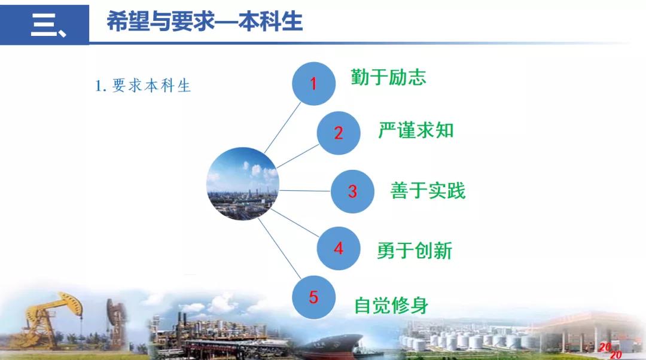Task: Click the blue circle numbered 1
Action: pos(313,84)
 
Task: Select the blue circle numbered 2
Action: pos(338,133)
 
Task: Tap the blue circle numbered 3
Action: pos(352,191)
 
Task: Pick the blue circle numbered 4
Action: pos(338,248)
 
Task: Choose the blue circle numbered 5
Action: pos(313,297)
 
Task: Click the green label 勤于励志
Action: pos(388,77)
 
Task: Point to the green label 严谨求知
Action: pos(416,130)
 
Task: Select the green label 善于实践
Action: pos(428,191)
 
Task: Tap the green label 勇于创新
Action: pos(415,251)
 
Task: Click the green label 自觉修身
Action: pos(391,305)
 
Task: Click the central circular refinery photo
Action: pos(243,184)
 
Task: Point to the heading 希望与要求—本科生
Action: pos(205,22)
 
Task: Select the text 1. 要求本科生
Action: pos(142,86)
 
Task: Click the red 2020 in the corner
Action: pos(611,350)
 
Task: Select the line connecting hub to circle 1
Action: pos(282,128)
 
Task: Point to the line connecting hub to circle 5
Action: pos(279,248)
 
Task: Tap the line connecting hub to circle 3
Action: pos(305,191)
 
